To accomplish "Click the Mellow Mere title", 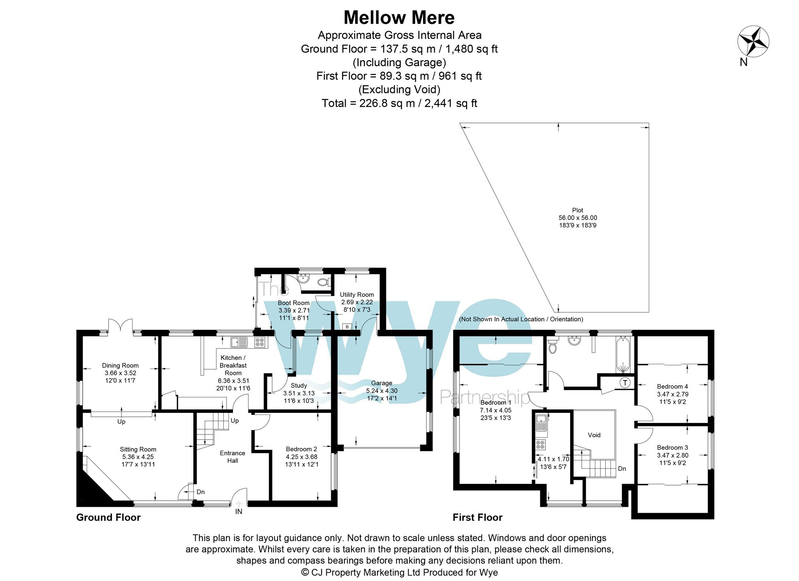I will tap(399, 18).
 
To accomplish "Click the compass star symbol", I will tap(753, 42).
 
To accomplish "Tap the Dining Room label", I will tap(120, 365).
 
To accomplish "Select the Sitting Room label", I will tap(138, 449).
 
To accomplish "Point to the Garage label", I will tap(382, 383).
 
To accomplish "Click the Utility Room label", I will tap(357, 295).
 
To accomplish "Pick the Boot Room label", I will tap(294, 303).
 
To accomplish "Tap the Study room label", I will tap(299, 385).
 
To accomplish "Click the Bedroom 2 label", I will tap(301, 449).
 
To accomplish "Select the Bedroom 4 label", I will tap(672, 386).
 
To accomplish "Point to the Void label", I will tap(594, 435).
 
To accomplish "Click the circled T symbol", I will tap(625, 383).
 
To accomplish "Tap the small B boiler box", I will tap(347, 327).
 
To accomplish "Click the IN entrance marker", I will tap(239, 512).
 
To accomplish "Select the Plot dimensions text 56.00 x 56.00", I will tap(578, 218).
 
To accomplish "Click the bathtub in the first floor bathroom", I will tap(623, 354).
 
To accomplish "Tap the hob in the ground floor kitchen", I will tap(260, 342).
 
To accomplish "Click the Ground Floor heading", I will tap(108, 518).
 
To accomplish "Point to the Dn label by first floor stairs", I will tap(622, 468).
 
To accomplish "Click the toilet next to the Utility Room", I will tap(323, 282).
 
